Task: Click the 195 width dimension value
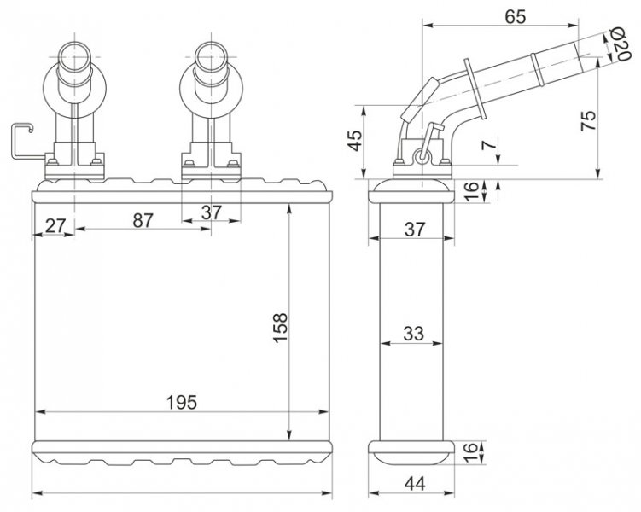(183, 401)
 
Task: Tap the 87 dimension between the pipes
(143, 220)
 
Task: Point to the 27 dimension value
(55, 225)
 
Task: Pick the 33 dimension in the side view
(413, 335)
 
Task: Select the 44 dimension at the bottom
(413, 483)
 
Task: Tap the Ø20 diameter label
(620, 43)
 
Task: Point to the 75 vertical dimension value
(587, 119)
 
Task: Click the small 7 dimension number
(487, 146)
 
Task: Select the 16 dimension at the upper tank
(472, 191)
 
